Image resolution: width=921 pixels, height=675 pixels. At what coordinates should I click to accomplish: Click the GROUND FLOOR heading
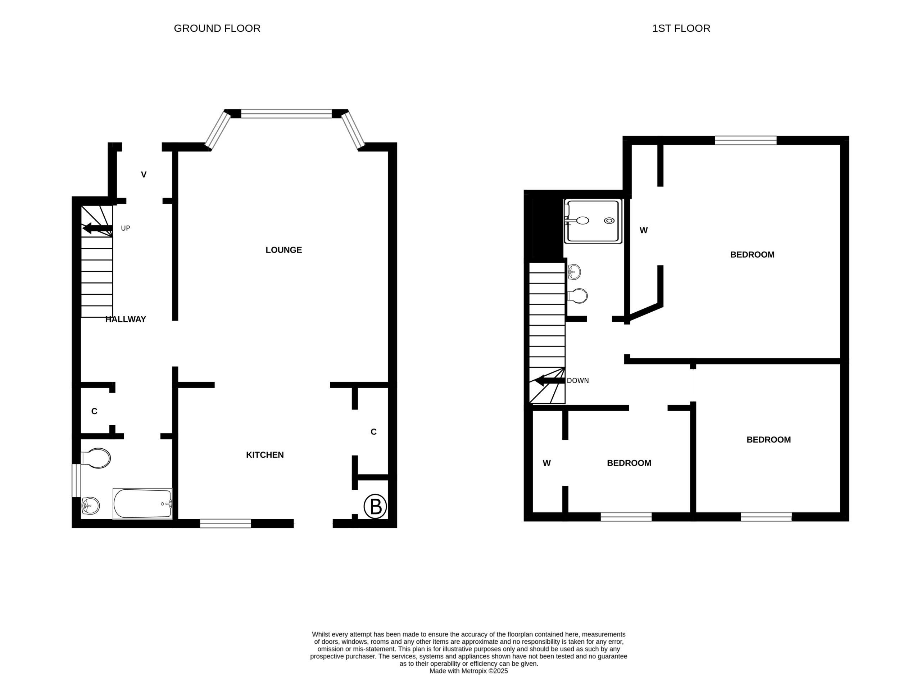tap(217, 28)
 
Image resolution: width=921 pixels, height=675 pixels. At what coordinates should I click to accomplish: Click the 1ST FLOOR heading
tap(681, 28)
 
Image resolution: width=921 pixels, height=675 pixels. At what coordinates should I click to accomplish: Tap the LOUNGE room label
tap(283, 250)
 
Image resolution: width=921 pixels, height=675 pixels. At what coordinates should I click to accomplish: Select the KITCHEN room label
tap(265, 455)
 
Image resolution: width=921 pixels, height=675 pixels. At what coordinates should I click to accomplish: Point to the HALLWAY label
tap(126, 319)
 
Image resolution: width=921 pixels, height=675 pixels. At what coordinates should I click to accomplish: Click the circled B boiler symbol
tap(375, 506)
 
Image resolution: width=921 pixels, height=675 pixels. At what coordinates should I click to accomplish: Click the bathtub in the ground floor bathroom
tap(142, 503)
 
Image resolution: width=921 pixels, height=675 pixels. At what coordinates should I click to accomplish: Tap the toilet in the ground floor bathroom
tap(96, 458)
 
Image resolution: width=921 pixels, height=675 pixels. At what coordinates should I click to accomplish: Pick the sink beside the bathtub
tap(90, 506)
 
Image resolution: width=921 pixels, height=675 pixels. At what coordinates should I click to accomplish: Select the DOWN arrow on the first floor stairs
tap(550, 380)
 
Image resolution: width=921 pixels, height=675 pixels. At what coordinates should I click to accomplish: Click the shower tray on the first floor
tap(593, 221)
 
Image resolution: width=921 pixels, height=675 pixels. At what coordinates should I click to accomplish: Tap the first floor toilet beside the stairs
tap(577, 296)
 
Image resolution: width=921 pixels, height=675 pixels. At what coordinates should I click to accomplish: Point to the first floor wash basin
tap(574, 272)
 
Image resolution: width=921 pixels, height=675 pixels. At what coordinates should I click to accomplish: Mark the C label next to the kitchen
tap(373, 432)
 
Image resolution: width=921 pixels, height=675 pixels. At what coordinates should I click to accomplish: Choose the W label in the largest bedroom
tap(643, 230)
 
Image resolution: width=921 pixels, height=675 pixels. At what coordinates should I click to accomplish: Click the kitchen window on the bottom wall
tap(226, 524)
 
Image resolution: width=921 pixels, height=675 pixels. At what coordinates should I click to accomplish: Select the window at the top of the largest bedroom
tap(745, 140)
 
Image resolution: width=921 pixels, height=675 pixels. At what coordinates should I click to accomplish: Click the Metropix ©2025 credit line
tap(468, 671)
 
